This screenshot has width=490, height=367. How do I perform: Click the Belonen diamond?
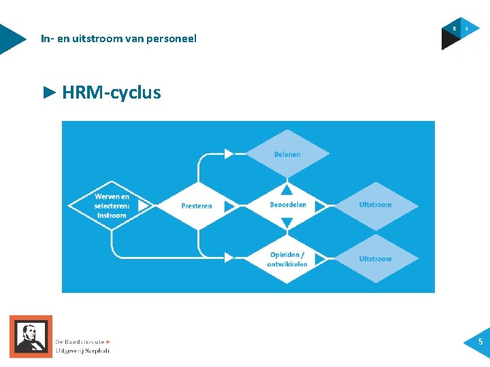(287, 154)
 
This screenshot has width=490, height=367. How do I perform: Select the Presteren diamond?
(197, 205)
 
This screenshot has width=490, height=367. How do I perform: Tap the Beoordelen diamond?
(287, 205)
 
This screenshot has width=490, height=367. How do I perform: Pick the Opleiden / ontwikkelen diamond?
(287, 259)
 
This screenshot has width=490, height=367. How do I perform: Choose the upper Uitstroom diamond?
(376, 205)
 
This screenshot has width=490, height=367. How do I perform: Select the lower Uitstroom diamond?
(376, 259)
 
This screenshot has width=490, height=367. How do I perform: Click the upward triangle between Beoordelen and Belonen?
(287, 188)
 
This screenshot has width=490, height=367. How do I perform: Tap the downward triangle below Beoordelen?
(287, 222)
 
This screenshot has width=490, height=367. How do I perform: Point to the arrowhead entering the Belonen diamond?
(229, 154)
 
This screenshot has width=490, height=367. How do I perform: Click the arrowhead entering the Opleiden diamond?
(229, 258)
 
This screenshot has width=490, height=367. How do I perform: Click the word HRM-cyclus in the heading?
(111, 92)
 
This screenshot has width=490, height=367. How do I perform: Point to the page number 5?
(480, 342)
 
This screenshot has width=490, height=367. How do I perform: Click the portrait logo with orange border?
(31, 336)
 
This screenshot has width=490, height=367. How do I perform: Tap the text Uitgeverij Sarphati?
(82, 351)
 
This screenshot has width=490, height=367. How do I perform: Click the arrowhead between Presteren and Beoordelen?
(229, 205)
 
